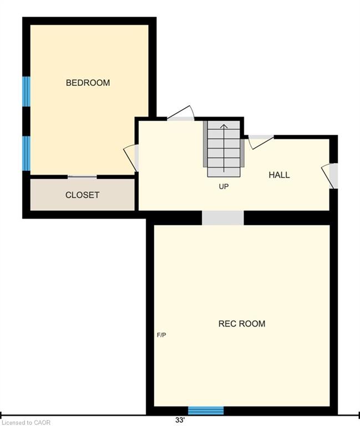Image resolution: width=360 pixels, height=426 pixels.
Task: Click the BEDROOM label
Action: pyautogui.click(x=88, y=83)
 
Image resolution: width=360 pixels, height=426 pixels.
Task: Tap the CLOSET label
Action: pyautogui.click(x=82, y=195)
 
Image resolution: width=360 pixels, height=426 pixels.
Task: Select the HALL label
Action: pyautogui.click(x=280, y=175)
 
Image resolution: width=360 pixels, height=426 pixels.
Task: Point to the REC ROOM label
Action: pyautogui.click(x=242, y=323)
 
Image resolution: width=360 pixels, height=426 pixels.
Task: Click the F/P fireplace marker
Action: pyautogui.click(x=161, y=335)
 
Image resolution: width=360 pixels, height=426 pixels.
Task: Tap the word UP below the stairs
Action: pyautogui.click(x=224, y=186)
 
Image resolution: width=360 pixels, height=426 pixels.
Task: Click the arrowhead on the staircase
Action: pyautogui.click(x=224, y=126)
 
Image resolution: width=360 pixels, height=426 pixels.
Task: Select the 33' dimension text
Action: pyautogui.click(x=180, y=420)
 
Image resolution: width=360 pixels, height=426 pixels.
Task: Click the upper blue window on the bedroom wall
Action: pyautogui.click(x=27, y=92)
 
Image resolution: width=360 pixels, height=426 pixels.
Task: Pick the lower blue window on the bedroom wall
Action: pyautogui.click(x=27, y=153)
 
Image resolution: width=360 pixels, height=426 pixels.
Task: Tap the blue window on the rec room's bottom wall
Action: pyautogui.click(x=206, y=410)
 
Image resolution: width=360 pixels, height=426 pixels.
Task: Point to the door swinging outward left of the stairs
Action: pyautogui.click(x=181, y=113)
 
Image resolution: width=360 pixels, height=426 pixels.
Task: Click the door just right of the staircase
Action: pyautogui.click(x=261, y=142)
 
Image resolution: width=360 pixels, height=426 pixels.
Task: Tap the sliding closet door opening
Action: pyautogui.click(x=82, y=177)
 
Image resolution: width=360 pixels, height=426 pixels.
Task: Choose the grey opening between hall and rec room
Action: pyautogui.click(x=223, y=218)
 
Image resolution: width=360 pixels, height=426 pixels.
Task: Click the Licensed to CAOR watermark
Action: pyautogui.click(x=26, y=423)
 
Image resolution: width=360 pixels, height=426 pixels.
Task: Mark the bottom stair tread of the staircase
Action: pyautogui.click(x=224, y=173)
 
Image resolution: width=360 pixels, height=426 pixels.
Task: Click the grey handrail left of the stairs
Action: pyautogui.click(x=205, y=144)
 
